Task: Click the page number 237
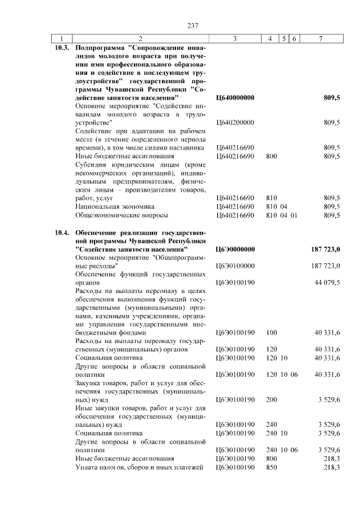point(193,25)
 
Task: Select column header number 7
point(320,38)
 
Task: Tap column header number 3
point(235,38)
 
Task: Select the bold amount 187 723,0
point(326,249)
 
